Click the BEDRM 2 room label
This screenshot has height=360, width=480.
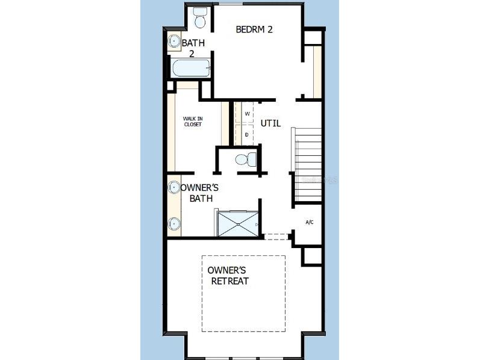pyautogui.click(x=254, y=29)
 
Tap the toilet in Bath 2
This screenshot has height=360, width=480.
pyautogui.click(x=201, y=19)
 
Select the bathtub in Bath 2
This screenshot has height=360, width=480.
pyautogui.click(x=191, y=68)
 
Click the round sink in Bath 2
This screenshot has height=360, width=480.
pyautogui.click(x=175, y=41)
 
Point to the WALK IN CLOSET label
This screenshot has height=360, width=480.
pyautogui.click(x=192, y=121)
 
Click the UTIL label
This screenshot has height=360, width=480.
pyautogui.click(x=270, y=123)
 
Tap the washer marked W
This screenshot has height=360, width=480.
pyautogui.click(x=247, y=113)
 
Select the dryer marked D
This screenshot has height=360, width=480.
pyautogui.click(x=247, y=134)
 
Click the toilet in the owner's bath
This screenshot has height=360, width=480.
pyautogui.click(x=245, y=160)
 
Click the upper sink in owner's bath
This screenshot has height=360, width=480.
pyautogui.click(x=174, y=187)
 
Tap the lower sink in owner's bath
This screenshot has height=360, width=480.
pyautogui.click(x=174, y=223)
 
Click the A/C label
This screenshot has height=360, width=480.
pyautogui.click(x=310, y=222)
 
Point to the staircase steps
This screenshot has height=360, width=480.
pyautogui.click(x=307, y=166)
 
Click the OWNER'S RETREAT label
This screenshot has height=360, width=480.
pyautogui.click(x=228, y=276)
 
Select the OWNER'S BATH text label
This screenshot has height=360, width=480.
pyautogui.click(x=199, y=193)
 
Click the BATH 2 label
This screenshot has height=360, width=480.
pyautogui.click(x=193, y=48)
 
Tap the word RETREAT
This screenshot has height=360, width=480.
pyautogui.click(x=229, y=281)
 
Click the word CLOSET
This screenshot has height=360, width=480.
pyautogui.click(x=193, y=124)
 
